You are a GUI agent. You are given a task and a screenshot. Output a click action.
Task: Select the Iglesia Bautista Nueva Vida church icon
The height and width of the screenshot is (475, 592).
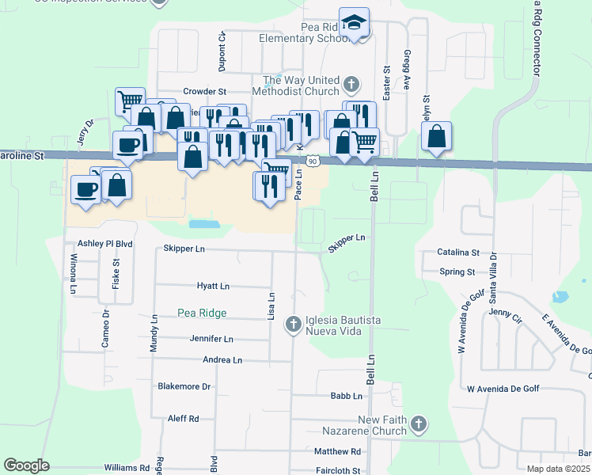click(x=294, y=323)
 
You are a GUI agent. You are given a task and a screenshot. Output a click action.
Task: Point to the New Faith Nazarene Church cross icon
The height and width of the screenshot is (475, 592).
click(x=419, y=425)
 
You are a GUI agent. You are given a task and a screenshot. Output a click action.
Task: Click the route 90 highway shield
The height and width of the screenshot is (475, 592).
click(x=313, y=161)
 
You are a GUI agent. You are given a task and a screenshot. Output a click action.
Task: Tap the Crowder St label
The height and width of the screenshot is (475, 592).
click(x=205, y=92)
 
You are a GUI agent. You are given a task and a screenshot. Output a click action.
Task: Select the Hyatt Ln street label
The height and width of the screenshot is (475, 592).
click(x=213, y=286)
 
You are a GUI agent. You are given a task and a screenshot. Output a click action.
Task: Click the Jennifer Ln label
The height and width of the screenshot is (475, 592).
click(x=211, y=339)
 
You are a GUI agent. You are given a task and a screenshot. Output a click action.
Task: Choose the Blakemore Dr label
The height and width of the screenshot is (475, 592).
click(x=184, y=386)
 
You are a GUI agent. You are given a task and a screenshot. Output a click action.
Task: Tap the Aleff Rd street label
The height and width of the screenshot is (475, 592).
click(x=183, y=418)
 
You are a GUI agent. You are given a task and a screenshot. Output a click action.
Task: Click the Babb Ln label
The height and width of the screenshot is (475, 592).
click(x=347, y=395)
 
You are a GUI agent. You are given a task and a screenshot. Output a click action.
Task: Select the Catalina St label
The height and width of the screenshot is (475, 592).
click(x=458, y=253)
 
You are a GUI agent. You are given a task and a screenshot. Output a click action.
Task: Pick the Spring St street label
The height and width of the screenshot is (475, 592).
click(x=457, y=272)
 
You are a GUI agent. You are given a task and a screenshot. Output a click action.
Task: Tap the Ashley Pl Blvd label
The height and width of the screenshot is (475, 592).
click(x=104, y=244)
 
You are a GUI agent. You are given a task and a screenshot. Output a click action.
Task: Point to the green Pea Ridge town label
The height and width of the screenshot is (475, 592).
click(x=202, y=313)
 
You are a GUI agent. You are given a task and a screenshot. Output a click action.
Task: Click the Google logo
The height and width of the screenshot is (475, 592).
click(x=26, y=465)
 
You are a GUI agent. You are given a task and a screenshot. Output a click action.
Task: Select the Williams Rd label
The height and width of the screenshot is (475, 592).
click(x=126, y=469)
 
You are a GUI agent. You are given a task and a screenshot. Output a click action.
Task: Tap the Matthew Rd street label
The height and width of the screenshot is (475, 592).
click(x=337, y=451)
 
